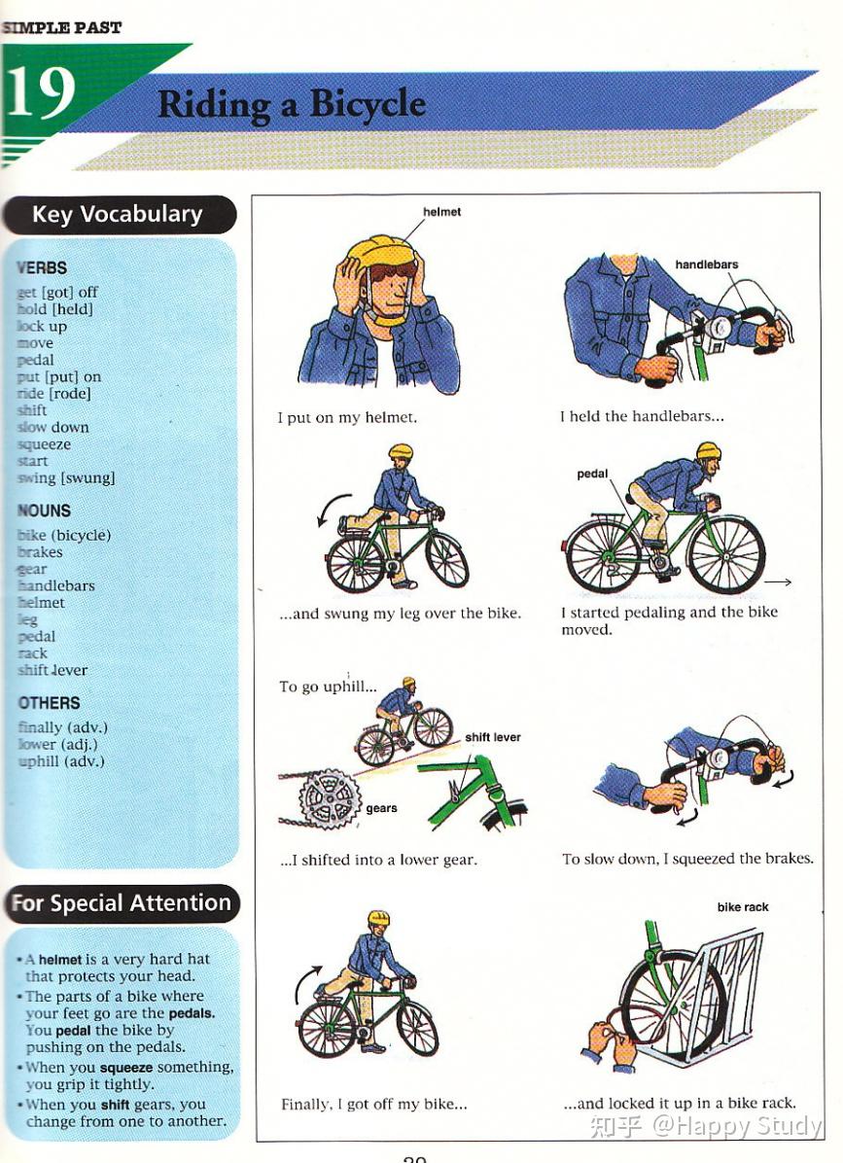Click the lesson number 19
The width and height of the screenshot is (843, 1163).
point(41,93)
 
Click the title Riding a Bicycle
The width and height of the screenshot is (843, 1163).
point(292,104)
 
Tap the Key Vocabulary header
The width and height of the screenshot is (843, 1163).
point(118,215)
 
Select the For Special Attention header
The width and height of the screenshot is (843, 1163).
point(121,903)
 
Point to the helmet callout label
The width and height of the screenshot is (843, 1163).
point(441,212)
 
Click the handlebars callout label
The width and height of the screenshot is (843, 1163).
point(706,264)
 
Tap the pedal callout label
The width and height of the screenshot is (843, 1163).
point(592,475)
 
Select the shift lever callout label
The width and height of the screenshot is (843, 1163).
point(492,737)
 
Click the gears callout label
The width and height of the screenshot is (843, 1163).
point(381,808)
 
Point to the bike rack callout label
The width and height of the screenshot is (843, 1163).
point(742,907)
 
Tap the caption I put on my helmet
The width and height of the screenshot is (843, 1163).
point(347,417)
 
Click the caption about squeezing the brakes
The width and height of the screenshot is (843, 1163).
point(686,859)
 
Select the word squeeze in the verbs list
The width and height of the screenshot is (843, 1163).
point(44,444)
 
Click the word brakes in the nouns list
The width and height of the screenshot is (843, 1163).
point(40,552)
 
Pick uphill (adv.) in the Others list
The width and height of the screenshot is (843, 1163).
point(60,761)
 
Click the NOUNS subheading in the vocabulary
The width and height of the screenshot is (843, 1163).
point(44,511)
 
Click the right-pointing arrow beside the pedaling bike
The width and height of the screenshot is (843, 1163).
point(777,581)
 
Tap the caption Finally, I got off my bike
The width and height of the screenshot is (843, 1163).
point(373,1104)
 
